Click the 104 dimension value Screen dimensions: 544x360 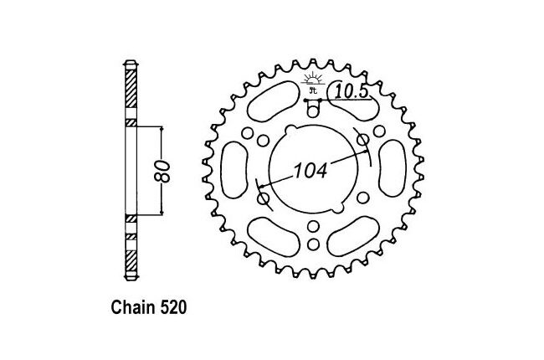pos(310,171)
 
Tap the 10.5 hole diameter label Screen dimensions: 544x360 pos(351,92)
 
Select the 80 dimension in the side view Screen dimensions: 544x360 pos(162,171)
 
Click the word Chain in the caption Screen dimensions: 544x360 pos(134,307)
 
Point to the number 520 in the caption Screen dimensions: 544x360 pos(173,307)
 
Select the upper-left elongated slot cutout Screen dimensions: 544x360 pos(274,101)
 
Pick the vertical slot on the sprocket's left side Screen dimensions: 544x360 pos(234,170)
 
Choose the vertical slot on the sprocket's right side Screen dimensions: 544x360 pos(393,168)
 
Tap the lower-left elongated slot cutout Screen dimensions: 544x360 pos(274,238)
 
